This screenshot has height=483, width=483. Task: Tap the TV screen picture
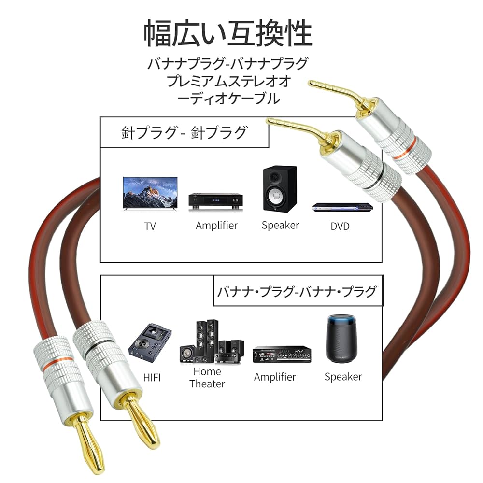click(x=150, y=192)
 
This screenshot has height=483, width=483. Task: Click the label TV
click(x=150, y=226)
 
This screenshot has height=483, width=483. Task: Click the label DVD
click(x=340, y=226)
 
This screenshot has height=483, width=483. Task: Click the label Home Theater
click(x=207, y=378)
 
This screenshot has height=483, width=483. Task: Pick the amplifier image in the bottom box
click(x=281, y=355)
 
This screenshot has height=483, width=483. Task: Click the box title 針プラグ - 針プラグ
click(x=184, y=132)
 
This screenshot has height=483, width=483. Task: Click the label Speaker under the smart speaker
click(x=343, y=377)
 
